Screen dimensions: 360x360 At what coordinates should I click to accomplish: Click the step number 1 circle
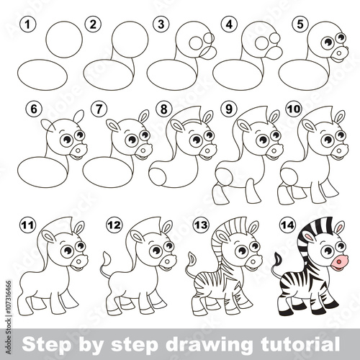(28, 24)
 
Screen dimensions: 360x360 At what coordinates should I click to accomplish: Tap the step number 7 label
(99, 109)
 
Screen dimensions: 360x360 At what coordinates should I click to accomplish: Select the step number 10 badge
(294, 109)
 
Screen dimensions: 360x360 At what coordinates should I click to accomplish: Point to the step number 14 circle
(288, 225)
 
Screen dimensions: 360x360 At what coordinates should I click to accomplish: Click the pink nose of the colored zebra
(339, 263)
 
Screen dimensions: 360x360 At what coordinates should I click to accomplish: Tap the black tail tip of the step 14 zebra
(279, 258)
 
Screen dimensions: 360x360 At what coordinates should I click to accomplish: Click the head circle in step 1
(64, 40)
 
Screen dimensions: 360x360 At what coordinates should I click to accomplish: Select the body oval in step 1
(42, 75)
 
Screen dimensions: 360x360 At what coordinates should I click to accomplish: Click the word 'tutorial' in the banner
(300, 344)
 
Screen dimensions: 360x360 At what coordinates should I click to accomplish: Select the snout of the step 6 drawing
(79, 150)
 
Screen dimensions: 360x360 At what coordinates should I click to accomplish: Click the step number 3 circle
(161, 24)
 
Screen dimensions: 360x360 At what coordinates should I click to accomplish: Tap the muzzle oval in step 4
(274, 53)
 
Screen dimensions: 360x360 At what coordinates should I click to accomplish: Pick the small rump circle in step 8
(157, 176)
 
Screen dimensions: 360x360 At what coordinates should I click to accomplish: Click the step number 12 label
(114, 225)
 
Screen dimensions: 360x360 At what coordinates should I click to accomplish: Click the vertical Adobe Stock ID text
(9, 318)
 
